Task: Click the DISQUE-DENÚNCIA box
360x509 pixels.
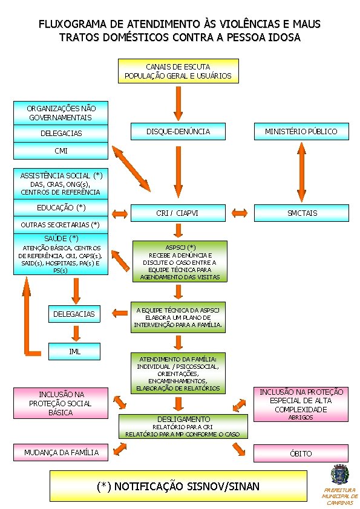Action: pyautogui.click(x=178, y=131)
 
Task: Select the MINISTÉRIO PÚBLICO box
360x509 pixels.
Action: pyautogui.click(x=301, y=131)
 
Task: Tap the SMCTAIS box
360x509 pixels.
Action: pyautogui.click(x=301, y=213)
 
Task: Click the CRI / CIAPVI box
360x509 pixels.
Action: pyautogui.click(x=178, y=213)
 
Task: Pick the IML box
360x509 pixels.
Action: pyautogui.click(x=74, y=351)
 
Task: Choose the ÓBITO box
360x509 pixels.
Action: pyautogui.click(x=301, y=453)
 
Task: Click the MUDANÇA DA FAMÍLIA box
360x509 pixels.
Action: pyautogui.click(x=61, y=453)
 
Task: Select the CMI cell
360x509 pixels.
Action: pyautogui.click(x=61, y=151)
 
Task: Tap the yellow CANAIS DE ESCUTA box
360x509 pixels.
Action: pyautogui.click(x=178, y=71)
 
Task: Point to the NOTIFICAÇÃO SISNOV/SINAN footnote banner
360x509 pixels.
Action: pyautogui.click(x=178, y=486)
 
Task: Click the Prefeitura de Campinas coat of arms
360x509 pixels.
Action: pyautogui.click(x=339, y=475)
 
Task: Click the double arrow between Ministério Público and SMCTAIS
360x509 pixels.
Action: pyautogui.click(x=301, y=172)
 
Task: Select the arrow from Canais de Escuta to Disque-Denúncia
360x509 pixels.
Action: pyautogui.click(x=178, y=103)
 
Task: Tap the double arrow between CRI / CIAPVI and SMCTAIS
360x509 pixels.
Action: pyautogui.click(x=240, y=213)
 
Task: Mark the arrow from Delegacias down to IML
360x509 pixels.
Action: pyautogui.click(x=76, y=333)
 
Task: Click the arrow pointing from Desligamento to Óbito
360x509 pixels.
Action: pyautogui.click(x=239, y=450)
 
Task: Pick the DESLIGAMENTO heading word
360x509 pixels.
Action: pyautogui.click(x=183, y=419)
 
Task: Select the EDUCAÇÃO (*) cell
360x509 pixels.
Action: pyautogui.click(x=61, y=208)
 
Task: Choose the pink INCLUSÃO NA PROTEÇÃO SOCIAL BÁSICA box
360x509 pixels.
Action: pyautogui.click(x=61, y=403)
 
